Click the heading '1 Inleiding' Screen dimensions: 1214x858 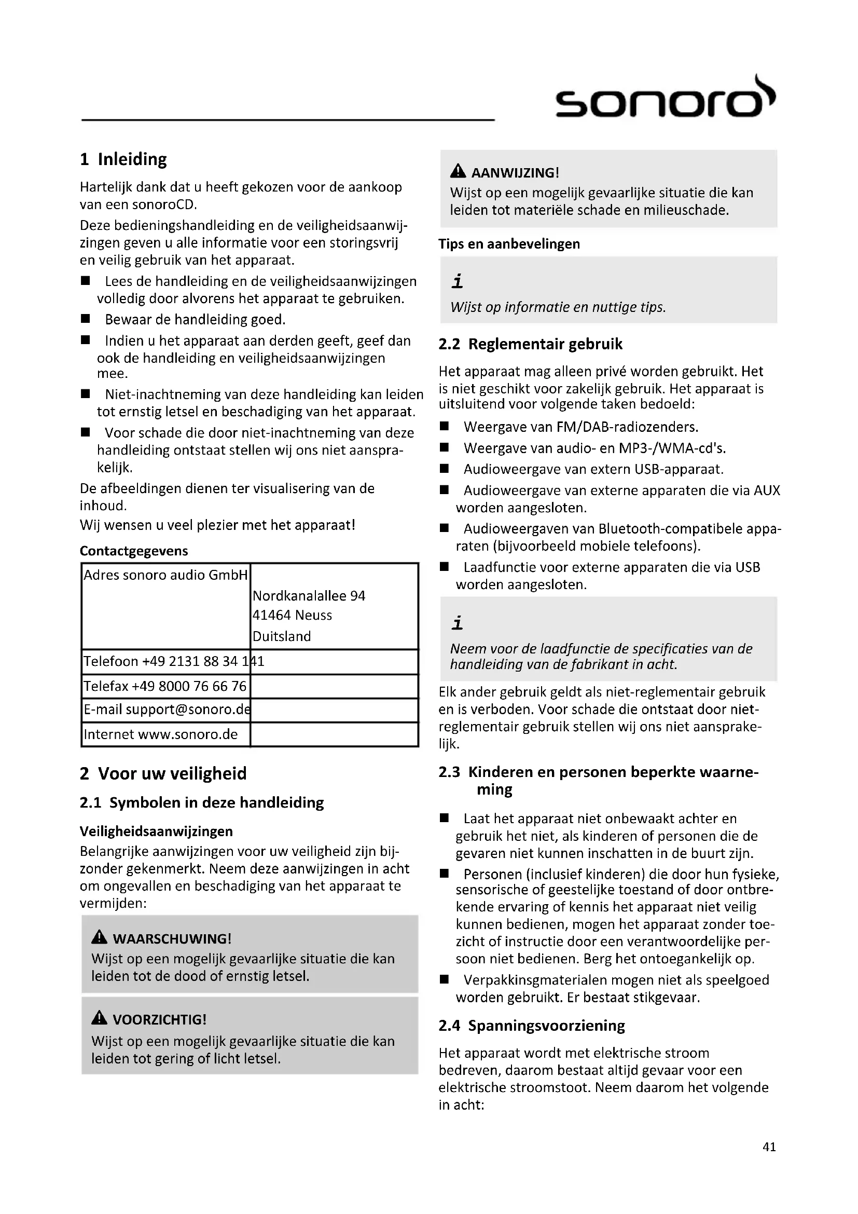click(123, 159)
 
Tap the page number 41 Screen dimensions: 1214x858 click(769, 1147)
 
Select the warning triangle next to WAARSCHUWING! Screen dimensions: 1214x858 click(99, 937)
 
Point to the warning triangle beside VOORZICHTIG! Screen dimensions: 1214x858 click(99, 1018)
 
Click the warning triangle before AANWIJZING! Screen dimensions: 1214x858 click(458, 171)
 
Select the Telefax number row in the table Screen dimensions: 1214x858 click(165, 686)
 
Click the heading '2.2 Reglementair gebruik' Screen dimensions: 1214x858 click(531, 344)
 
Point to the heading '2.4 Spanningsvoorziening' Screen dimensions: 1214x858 click(532, 1026)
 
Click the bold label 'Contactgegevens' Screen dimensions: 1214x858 click(134, 551)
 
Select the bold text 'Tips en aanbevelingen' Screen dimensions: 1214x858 click(509, 244)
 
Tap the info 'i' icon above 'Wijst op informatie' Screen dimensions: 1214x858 click(458, 281)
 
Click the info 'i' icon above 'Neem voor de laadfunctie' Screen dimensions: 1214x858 click(458, 623)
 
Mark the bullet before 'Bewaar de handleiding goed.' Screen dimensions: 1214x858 click(86, 319)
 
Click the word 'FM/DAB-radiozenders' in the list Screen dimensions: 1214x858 click(627, 427)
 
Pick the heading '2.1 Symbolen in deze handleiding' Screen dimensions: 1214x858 click(202, 802)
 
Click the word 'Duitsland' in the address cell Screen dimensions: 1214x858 click(282, 636)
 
